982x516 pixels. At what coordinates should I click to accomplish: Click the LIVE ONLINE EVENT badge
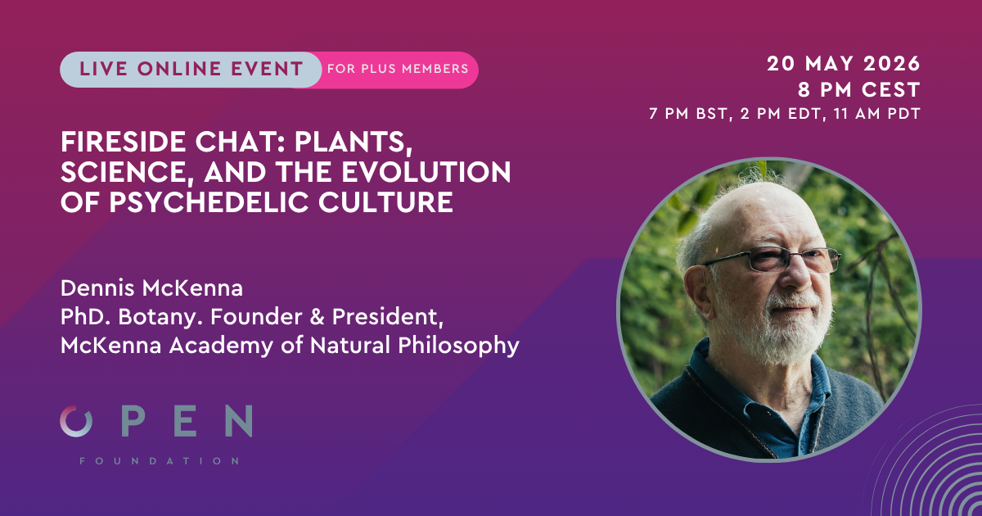click(x=191, y=70)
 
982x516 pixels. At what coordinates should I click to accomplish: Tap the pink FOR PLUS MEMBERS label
click(x=398, y=70)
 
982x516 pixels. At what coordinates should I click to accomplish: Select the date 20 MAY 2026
click(x=844, y=64)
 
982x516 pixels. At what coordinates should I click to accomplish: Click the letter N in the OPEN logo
click(x=237, y=421)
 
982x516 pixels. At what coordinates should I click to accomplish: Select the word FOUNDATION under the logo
click(x=160, y=461)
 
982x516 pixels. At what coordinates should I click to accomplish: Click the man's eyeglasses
click(x=770, y=261)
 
